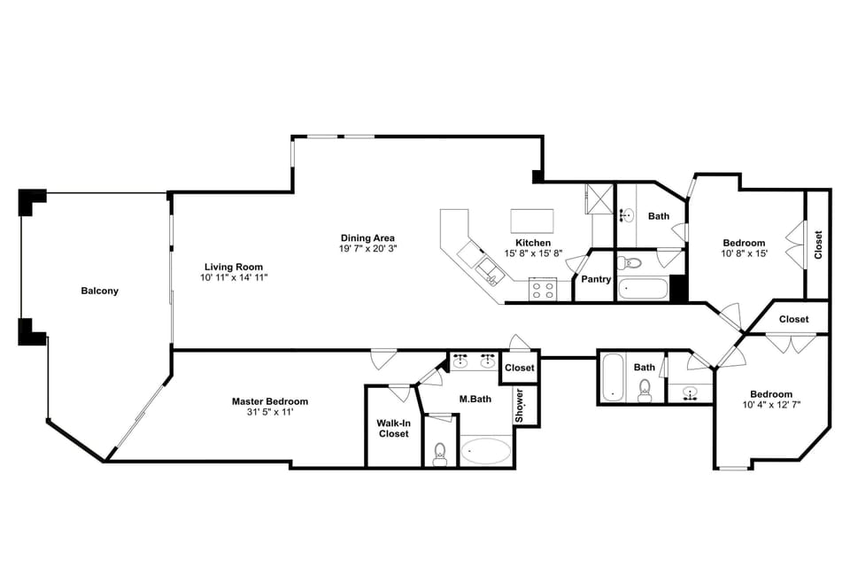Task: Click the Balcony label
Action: coord(99,291)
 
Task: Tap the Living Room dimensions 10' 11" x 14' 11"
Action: coord(234,278)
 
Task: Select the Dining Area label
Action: coord(367,237)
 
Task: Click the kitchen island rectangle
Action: coord(532,219)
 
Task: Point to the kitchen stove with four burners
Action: coord(542,289)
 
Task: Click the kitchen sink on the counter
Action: coord(488,267)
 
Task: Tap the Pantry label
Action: coord(596,279)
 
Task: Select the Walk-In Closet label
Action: coord(393,428)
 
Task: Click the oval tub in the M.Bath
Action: coord(486,451)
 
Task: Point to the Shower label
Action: coord(521,406)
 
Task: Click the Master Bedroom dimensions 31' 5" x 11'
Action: coord(270,412)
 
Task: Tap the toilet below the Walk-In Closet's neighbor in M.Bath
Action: coord(440,454)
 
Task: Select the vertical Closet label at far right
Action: coord(818,245)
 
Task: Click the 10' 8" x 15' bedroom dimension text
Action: coord(744,254)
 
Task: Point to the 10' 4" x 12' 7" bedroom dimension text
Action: coord(771,406)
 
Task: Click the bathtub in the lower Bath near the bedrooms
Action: coord(613,379)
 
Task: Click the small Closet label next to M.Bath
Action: coord(520,368)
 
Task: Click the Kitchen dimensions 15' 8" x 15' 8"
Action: coord(533,254)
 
